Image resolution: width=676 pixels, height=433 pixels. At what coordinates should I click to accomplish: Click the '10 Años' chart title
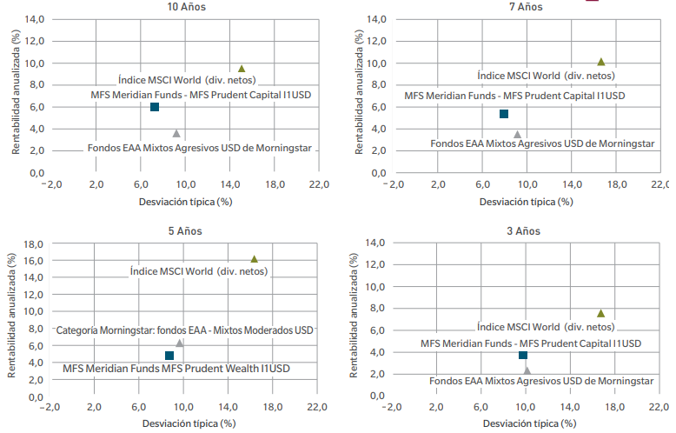(188, 7)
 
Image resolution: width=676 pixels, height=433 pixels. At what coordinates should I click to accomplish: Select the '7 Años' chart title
(524, 7)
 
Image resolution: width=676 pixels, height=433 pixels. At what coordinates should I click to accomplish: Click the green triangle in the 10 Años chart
(242, 69)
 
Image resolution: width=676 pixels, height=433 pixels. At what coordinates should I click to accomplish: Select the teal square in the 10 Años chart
(155, 107)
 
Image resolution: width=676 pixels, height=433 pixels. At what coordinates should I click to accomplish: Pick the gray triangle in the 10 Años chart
(176, 133)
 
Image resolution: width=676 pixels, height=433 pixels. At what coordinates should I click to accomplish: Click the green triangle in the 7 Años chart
(600, 62)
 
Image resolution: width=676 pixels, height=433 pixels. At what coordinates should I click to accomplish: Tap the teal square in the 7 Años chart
(503, 114)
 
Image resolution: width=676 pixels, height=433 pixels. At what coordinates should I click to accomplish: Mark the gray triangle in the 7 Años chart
(517, 134)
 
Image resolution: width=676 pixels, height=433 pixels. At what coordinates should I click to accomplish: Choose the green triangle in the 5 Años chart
(254, 259)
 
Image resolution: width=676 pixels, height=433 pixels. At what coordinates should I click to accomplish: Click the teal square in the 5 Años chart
(169, 356)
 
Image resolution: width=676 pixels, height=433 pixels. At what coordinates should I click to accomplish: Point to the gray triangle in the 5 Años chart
(180, 343)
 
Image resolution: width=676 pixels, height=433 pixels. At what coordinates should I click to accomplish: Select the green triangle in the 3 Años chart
(600, 313)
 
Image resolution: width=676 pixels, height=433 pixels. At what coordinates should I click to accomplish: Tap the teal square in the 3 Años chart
(523, 355)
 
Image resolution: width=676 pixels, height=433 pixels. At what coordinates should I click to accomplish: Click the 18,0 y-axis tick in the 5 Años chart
(32, 244)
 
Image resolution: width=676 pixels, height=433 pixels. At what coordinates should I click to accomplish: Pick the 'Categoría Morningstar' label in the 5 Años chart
(184, 330)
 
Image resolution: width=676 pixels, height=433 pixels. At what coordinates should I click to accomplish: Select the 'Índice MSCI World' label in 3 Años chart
(546, 327)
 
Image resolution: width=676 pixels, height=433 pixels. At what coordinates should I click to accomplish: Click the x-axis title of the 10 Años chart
(186, 202)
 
